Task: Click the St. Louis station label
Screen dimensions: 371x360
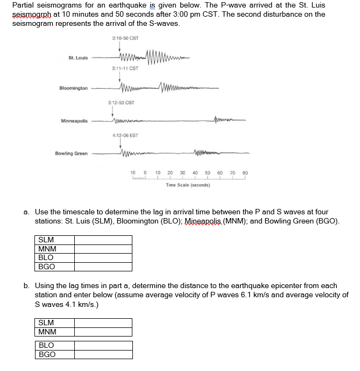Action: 79,58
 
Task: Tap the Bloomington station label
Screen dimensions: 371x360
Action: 74,88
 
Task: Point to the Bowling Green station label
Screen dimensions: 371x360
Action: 72,153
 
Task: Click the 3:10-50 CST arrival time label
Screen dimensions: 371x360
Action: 125,38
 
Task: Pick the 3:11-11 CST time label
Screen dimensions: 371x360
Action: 125,68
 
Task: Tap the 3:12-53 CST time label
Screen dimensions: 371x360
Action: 121,102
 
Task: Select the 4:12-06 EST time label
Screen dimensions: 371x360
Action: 125,136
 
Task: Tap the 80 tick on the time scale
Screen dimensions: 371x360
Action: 245,173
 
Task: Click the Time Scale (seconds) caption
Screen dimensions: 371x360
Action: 188,185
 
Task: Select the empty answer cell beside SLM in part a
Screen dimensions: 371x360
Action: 103,240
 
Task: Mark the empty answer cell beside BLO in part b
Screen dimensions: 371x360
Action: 103,345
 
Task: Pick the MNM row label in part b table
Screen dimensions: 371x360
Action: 47,332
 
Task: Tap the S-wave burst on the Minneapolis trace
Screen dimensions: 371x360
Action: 224,120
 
